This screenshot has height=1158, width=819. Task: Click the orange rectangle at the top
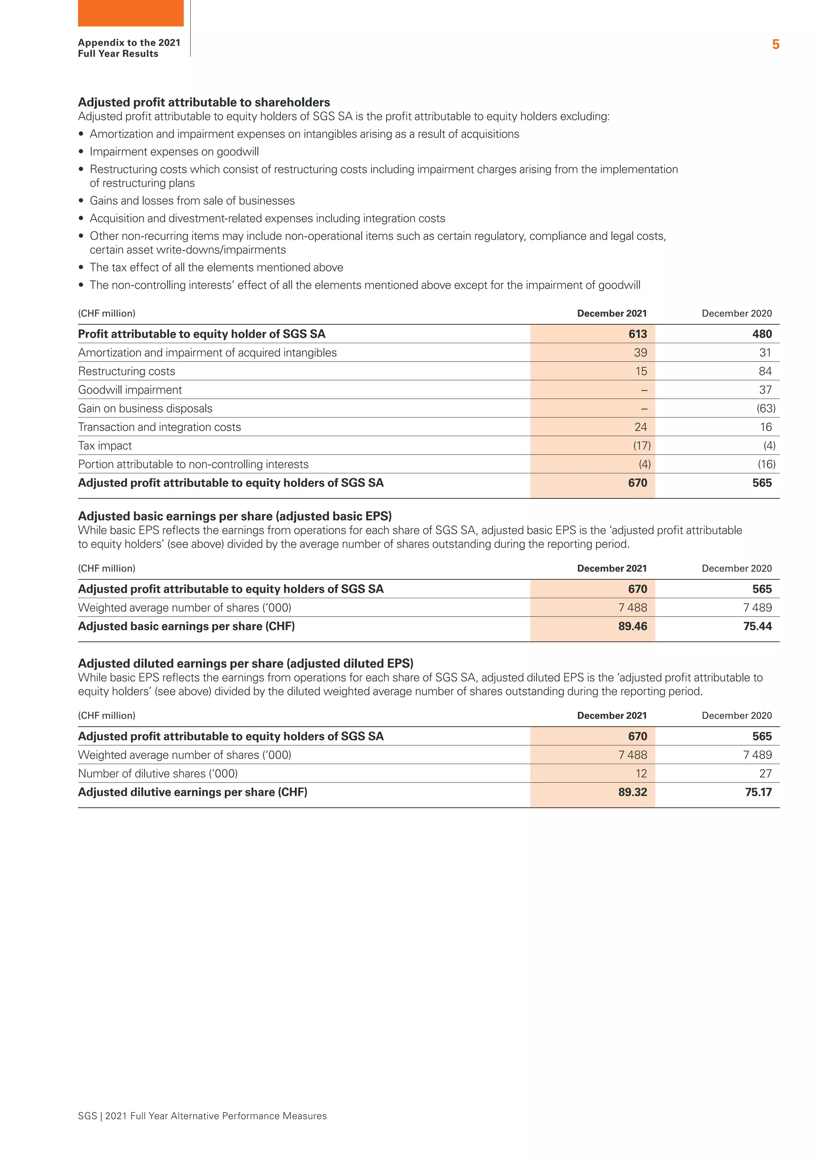[131, 13]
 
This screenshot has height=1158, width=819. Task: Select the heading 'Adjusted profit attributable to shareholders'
[204, 102]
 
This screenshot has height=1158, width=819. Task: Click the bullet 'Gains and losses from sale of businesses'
[192, 200]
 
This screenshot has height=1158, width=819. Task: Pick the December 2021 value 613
[637, 334]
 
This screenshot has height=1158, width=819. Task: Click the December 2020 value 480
[761, 334]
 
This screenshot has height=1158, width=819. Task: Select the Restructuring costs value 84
[765, 371]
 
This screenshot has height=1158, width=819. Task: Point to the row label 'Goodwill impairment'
[130, 390]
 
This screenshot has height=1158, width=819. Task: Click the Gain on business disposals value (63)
[765, 409]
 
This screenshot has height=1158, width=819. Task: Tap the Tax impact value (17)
[641, 446]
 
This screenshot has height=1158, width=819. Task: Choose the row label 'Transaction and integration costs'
[160, 427]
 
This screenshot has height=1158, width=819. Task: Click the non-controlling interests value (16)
[766, 465]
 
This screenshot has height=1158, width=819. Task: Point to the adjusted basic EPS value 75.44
[757, 627]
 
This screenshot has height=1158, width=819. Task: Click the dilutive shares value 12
[641, 774]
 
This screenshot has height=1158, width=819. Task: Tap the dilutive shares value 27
[765, 774]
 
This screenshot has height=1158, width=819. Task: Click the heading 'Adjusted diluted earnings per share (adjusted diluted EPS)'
[246, 663]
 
